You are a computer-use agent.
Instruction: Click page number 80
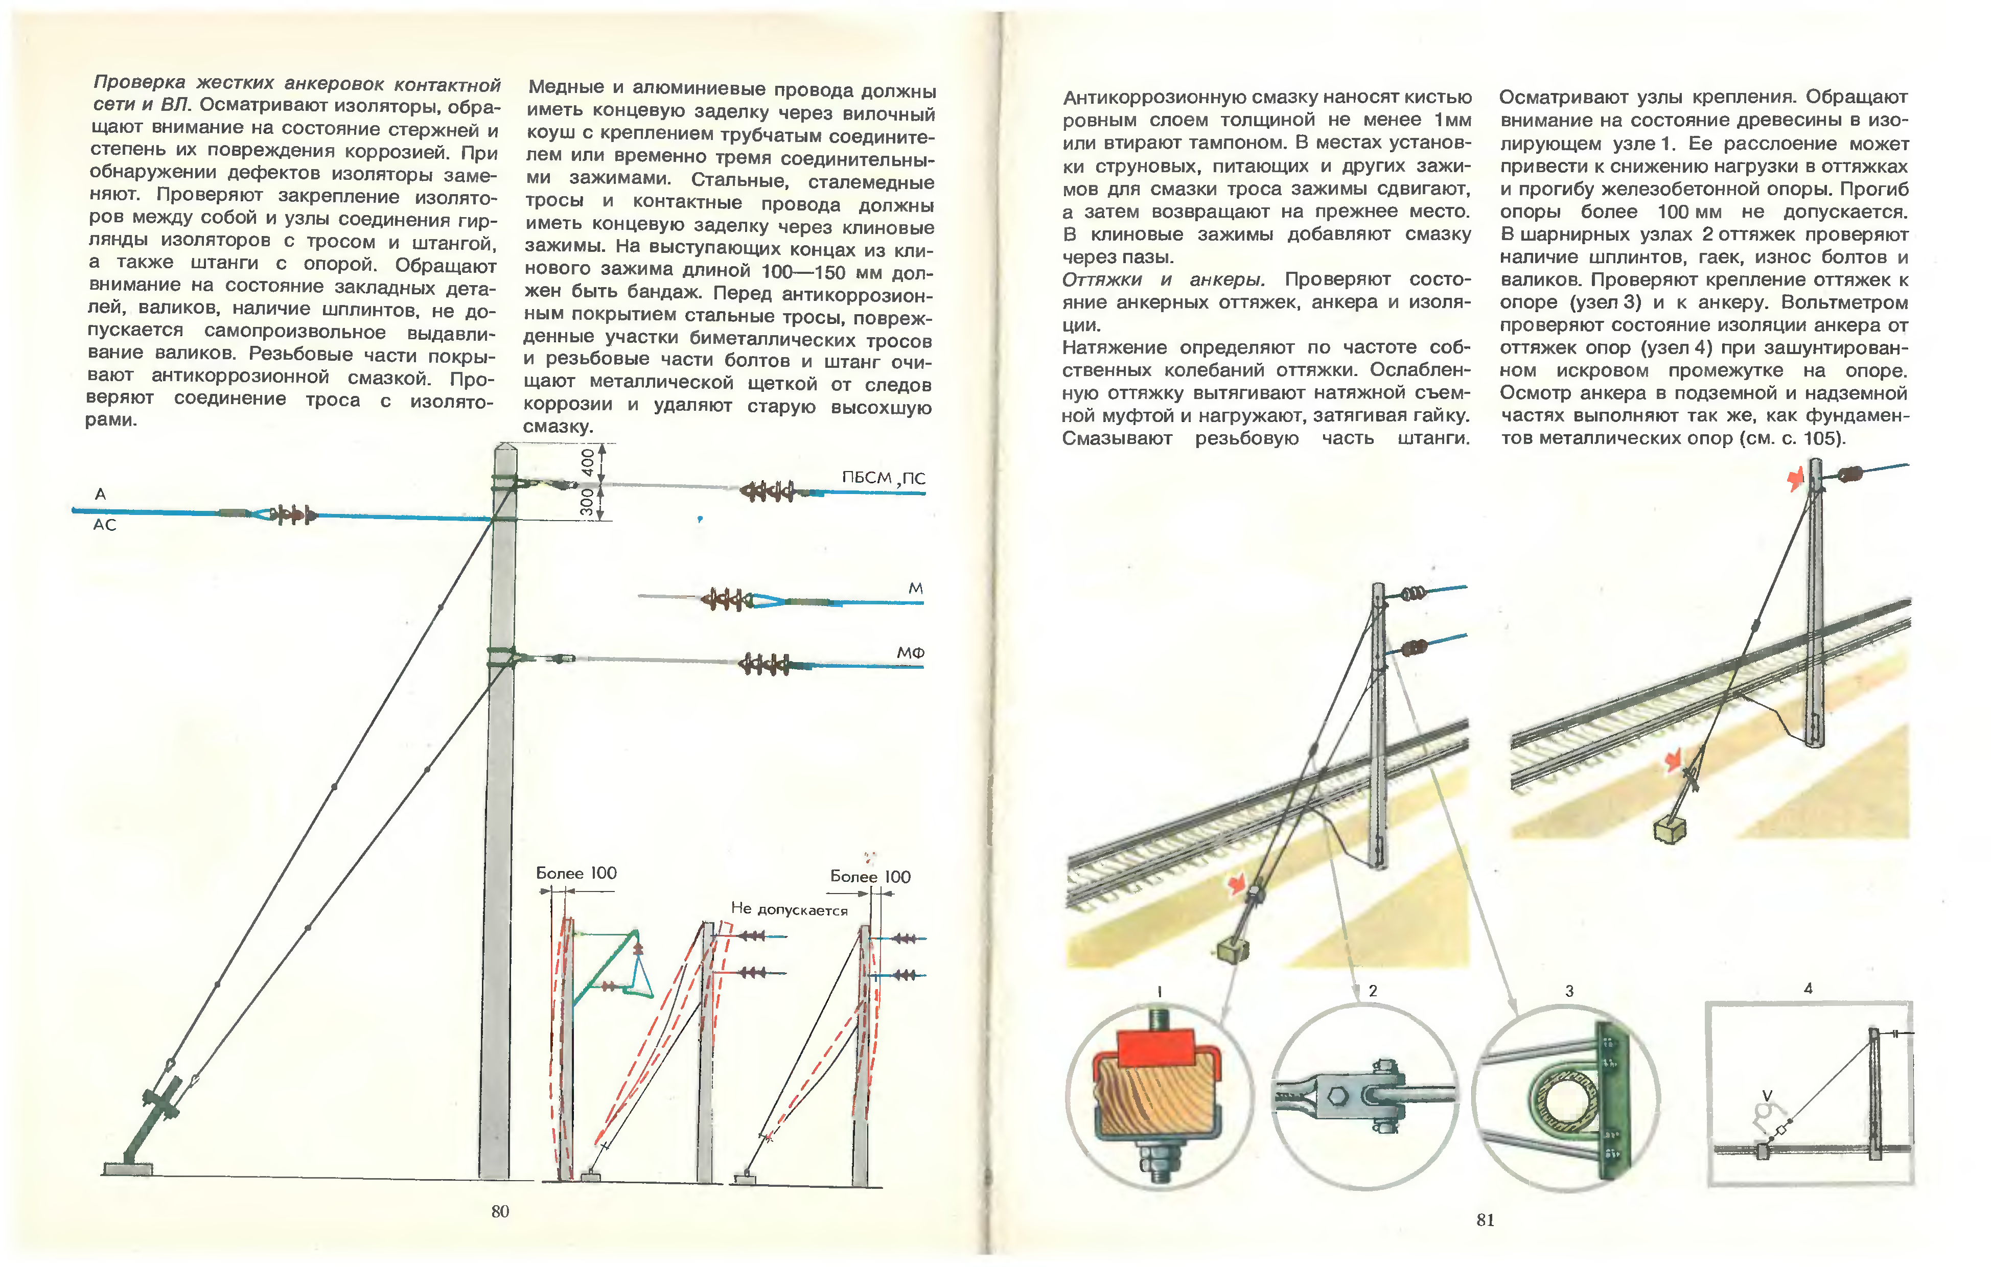(x=499, y=1211)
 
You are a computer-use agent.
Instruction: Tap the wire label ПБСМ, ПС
(x=883, y=478)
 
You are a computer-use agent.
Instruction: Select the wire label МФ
(x=910, y=653)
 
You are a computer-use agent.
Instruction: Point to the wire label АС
(x=104, y=525)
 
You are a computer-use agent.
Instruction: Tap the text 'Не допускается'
(x=789, y=910)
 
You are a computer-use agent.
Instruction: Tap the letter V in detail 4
(x=1767, y=1096)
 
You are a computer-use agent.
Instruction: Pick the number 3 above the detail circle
(x=1568, y=991)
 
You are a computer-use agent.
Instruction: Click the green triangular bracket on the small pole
(x=612, y=967)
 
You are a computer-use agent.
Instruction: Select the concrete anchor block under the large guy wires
(x=127, y=1168)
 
